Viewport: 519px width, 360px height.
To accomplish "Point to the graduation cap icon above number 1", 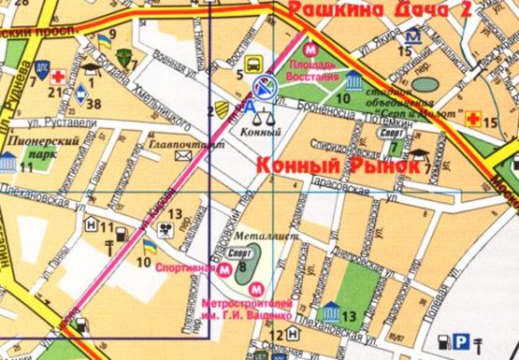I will pos(91,68).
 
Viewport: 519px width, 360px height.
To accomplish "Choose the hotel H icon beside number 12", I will pos(267,335).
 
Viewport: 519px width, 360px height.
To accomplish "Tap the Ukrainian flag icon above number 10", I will pos(148,246).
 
